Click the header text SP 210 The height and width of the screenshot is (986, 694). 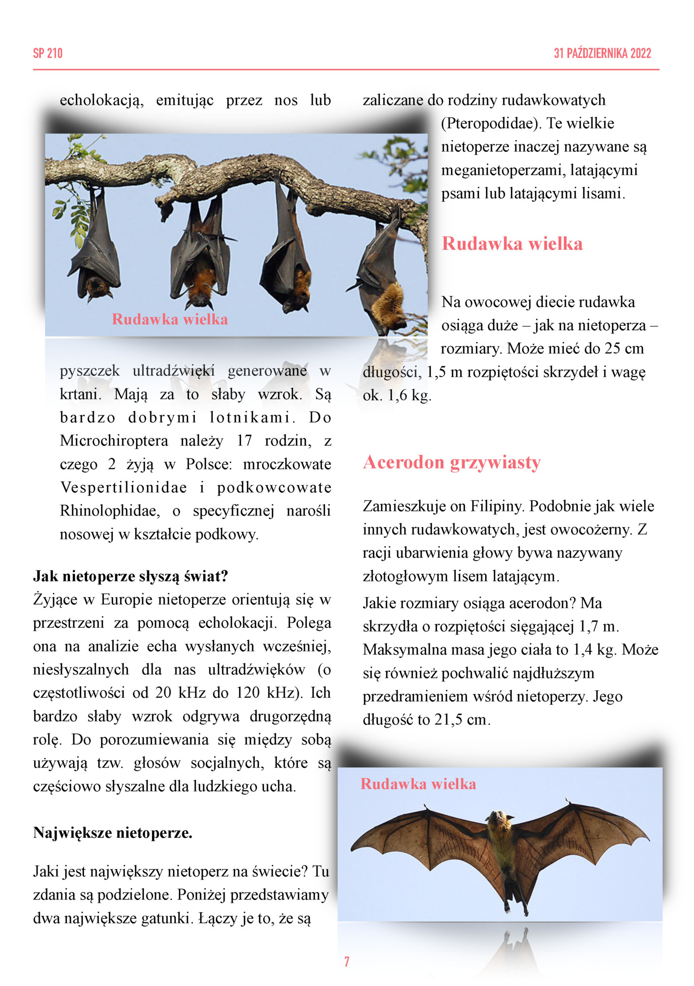coord(48,53)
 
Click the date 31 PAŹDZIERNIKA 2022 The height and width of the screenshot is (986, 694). coord(602,53)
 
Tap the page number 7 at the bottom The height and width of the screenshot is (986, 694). coord(347,961)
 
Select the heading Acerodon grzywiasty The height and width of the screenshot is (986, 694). coord(451,462)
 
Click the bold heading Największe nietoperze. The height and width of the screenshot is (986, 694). coord(113,833)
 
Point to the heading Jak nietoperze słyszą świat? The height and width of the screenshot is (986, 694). coord(130,576)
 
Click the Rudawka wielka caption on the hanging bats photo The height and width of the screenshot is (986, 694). coord(170,319)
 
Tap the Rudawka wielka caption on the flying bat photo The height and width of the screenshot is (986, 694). coord(418,784)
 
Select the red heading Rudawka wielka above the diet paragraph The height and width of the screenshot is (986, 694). coord(512,243)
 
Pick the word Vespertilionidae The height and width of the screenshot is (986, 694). coord(123,488)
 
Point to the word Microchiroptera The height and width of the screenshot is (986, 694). coord(114,441)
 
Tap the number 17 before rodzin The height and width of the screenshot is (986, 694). coord(244,441)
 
